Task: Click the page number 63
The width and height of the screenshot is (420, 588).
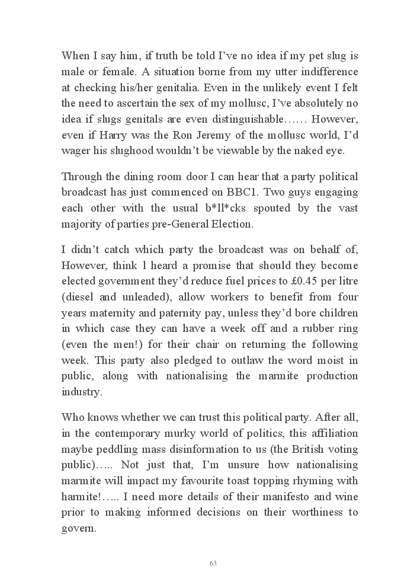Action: pos(213,563)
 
